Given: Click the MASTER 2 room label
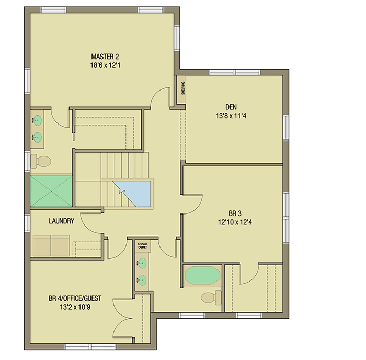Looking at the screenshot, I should [x=102, y=57].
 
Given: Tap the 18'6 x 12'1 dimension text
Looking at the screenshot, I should [x=102, y=65].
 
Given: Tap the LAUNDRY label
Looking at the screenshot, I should [x=61, y=221].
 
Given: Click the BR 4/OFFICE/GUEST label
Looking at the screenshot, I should [x=75, y=299].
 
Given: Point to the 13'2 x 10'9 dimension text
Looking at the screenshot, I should [x=75, y=308].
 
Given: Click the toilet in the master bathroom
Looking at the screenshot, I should [x=40, y=160].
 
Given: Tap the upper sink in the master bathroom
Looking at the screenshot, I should [x=37, y=121].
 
